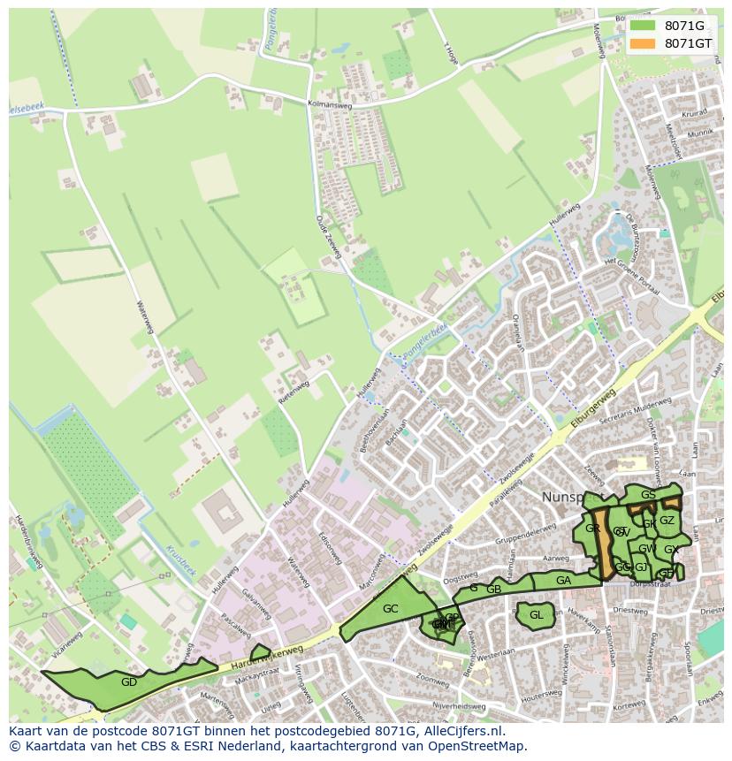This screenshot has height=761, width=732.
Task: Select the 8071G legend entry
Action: pos(684,26)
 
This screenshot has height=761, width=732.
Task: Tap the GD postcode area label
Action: pos(129,681)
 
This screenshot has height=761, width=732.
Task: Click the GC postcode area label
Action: pos(390,608)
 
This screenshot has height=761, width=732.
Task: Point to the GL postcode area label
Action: pos(536,615)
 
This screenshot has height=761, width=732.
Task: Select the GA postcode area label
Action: pos(563,581)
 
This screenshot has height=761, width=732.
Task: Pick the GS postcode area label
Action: pos(648,495)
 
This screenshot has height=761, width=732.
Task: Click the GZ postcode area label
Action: pos(667,521)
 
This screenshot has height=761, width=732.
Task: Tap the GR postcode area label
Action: pos(592,529)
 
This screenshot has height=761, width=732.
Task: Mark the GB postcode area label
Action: pos(493,590)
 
